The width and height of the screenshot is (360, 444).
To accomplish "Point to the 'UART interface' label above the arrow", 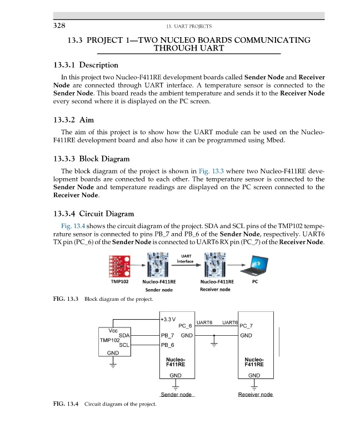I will coord(187,259).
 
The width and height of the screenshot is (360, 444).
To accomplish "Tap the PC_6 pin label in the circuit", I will coord(185,326).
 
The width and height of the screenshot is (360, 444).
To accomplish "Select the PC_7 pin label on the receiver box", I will coord(246,326).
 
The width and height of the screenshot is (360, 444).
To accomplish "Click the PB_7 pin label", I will coord(168,335).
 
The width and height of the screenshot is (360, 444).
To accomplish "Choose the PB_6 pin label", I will coord(168,345).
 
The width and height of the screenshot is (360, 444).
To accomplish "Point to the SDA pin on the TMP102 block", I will coord(124,335).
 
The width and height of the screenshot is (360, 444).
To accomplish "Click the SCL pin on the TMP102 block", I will coord(124,345).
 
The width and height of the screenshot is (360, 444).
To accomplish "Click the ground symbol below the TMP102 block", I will coord(113,365).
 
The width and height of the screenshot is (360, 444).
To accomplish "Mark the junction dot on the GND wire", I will coord(214,336).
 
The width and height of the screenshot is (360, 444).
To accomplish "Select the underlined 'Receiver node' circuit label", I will coord(255,395).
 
